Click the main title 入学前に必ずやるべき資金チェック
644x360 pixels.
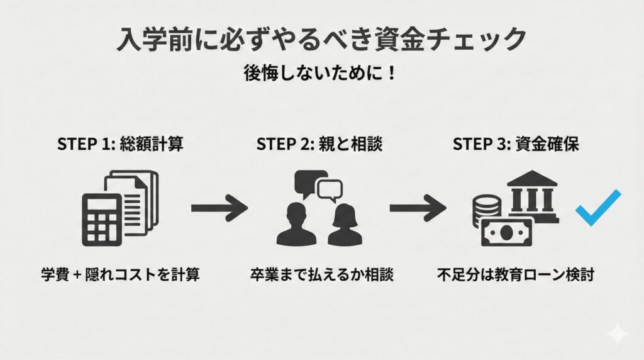321,39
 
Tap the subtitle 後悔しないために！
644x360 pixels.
321,72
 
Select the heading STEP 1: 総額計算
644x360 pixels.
120,143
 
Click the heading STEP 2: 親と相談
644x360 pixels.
319,143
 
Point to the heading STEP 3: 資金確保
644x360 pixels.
516,143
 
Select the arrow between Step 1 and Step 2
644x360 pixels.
219,208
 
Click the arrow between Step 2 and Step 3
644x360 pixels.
418,208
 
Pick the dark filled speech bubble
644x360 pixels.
309,183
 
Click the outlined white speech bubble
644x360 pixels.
330,188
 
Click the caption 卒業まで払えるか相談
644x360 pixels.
320,275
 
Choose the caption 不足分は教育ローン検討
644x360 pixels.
515,275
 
